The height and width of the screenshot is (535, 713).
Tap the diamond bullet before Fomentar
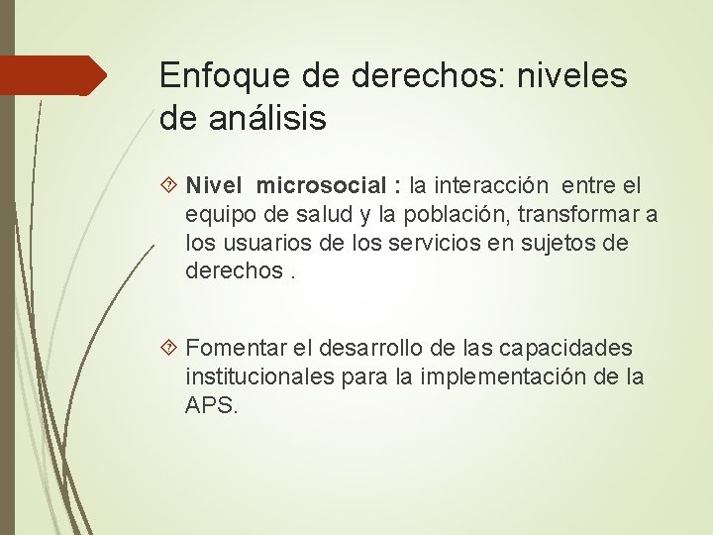168,349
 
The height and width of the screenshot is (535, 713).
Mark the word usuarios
260,243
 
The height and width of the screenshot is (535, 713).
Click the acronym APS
210,405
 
